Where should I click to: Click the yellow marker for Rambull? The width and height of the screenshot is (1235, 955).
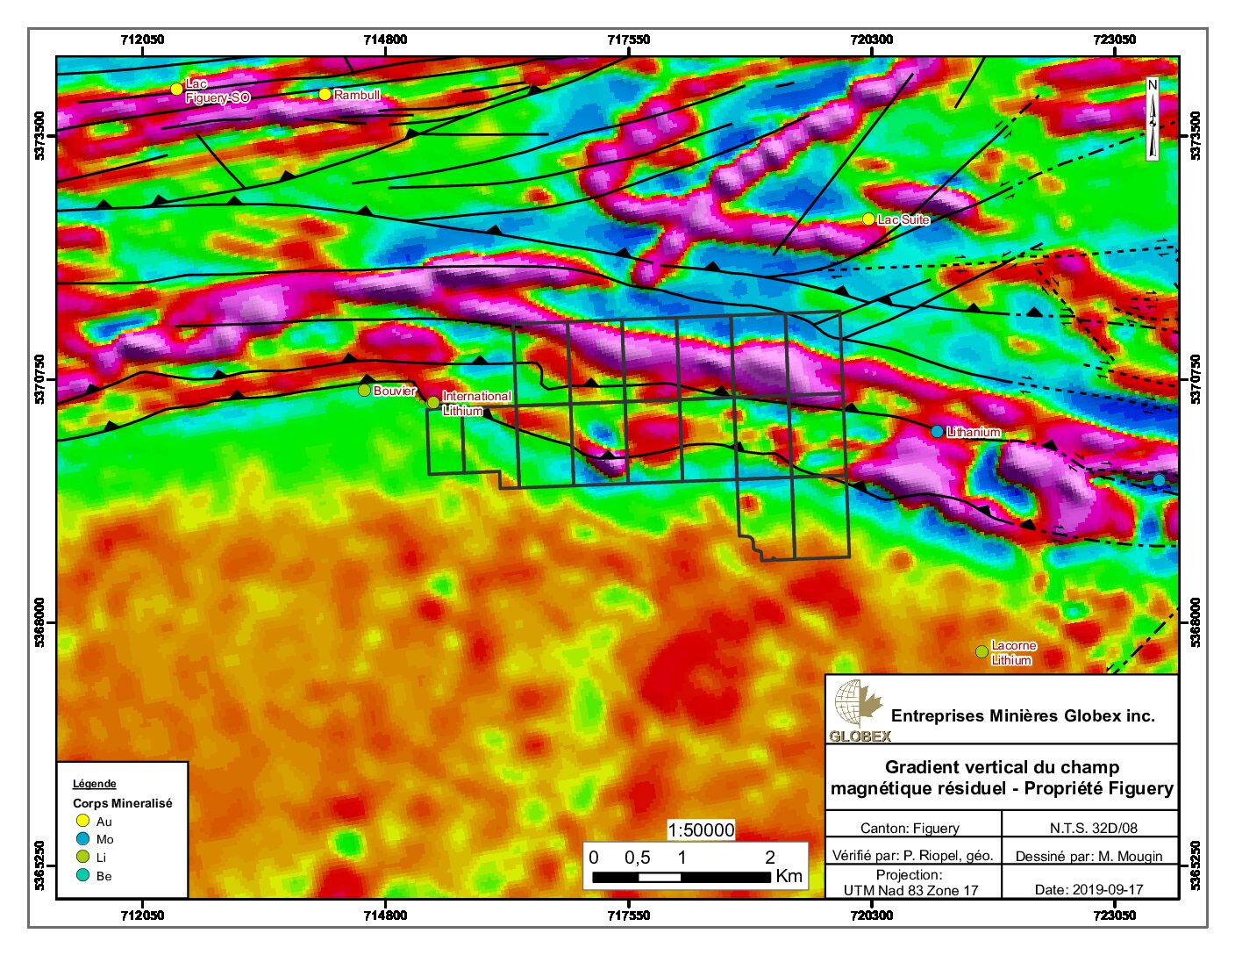pyautogui.click(x=325, y=94)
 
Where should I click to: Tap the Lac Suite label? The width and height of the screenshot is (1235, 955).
pyautogui.click(x=903, y=219)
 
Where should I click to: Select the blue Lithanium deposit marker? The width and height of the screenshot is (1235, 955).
pyautogui.click(x=937, y=431)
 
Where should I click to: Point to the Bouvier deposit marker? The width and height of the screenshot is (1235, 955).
pyautogui.click(x=365, y=390)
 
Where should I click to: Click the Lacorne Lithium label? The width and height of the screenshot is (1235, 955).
pyautogui.click(x=1012, y=652)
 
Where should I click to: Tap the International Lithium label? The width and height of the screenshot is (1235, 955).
pyautogui.click(x=475, y=403)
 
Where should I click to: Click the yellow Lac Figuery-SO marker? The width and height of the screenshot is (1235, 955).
pyautogui.click(x=176, y=89)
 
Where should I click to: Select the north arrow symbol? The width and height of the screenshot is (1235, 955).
pyautogui.click(x=1153, y=119)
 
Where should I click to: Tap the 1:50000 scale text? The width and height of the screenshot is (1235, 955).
pyautogui.click(x=701, y=830)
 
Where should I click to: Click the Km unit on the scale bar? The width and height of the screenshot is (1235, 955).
pyautogui.click(x=789, y=876)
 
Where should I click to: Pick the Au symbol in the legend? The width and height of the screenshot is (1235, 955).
pyautogui.click(x=83, y=821)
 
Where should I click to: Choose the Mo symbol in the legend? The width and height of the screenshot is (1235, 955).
pyautogui.click(x=83, y=839)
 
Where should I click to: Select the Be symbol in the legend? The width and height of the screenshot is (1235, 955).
pyautogui.click(x=83, y=875)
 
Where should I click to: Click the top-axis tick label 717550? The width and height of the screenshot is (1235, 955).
pyautogui.click(x=628, y=39)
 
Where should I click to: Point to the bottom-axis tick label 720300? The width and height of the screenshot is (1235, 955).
pyautogui.click(x=872, y=916)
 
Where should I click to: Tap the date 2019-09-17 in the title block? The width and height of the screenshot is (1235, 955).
pyautogui.click(x=1089, y=889)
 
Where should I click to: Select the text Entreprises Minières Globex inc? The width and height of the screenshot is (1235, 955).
pyautogui.click(x=1023, y=715)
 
